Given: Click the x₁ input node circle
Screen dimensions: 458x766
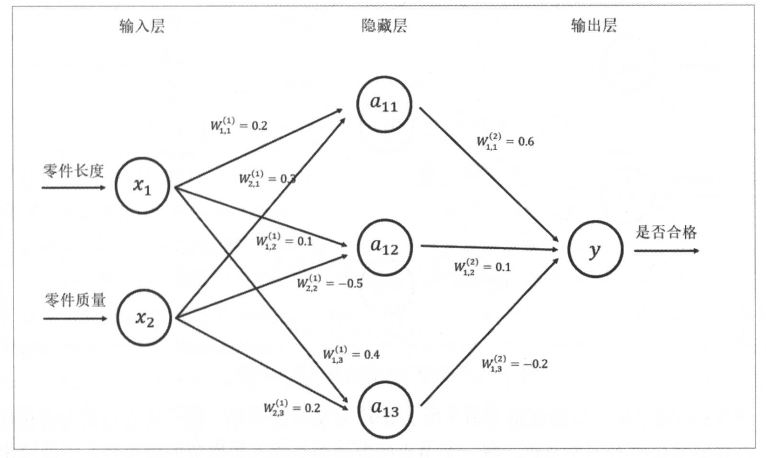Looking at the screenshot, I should click(142, 185).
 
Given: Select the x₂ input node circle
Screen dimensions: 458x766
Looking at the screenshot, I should click(144, 318).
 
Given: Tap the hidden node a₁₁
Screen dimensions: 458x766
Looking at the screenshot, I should click(384, 104).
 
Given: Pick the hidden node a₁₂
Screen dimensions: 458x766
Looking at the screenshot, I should click(384, 247).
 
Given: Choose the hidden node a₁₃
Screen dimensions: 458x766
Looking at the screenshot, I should click(385, 409).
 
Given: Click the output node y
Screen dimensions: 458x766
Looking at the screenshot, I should click(595, 249).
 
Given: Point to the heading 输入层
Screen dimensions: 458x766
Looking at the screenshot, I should click(142, 26).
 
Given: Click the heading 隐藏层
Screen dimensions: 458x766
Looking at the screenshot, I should click(384, 26).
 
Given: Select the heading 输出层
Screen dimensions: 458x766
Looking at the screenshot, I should click(594, 25).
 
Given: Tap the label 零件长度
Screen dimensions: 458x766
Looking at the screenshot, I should click(73, 171).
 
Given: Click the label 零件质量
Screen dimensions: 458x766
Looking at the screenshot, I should click(75, 300).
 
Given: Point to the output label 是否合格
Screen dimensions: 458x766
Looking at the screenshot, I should click(666, 232).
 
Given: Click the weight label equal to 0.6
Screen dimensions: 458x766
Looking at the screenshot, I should click(505, 142).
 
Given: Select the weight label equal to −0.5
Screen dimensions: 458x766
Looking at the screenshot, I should click(330, 283).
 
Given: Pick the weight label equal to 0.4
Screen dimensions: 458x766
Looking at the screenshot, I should click(351, 355).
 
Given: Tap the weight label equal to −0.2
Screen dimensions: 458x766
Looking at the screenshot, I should click(514, 364).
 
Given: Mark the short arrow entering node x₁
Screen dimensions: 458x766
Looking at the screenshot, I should click(73, 188).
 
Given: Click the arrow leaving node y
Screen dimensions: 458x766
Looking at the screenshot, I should click(666, 251).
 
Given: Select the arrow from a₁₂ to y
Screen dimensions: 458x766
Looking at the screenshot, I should click(489, 248).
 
